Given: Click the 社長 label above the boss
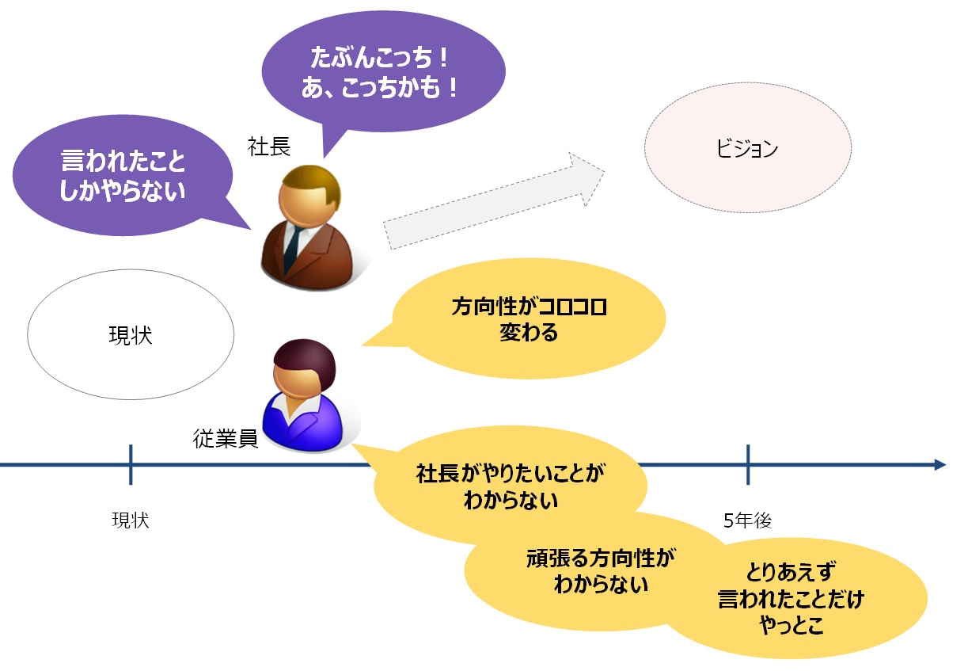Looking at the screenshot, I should [x=269, y=147].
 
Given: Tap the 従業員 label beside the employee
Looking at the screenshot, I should [x=226, y=439].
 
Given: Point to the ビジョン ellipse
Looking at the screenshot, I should [x=747, y=149].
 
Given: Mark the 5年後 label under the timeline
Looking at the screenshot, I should [x=747, y=520].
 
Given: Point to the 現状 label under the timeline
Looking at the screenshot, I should [x=131, y=520].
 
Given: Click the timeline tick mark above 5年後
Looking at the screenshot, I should [x=747, y=463].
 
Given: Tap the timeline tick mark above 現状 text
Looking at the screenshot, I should [x=131, y=463].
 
